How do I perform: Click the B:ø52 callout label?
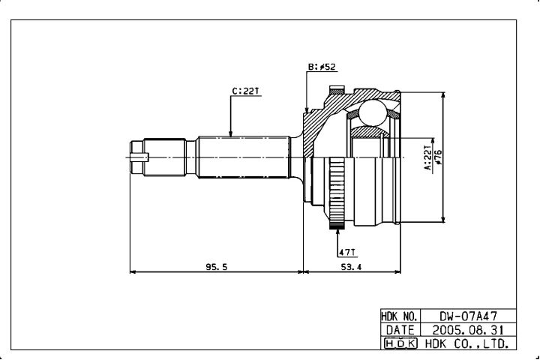321,67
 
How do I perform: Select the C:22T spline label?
245,91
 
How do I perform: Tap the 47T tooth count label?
347,253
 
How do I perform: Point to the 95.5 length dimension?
217,267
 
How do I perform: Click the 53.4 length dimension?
351,267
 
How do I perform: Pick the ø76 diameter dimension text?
439,157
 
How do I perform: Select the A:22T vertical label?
427,157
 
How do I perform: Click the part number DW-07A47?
468,316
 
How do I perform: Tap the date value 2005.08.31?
468,330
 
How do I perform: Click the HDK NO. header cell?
400,316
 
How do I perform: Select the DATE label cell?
400,330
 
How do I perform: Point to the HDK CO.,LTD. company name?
467,343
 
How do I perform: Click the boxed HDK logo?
400,343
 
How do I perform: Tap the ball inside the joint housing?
373,112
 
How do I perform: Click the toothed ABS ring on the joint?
337,193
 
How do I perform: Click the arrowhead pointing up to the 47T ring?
337,232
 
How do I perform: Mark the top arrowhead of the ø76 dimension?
443,96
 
